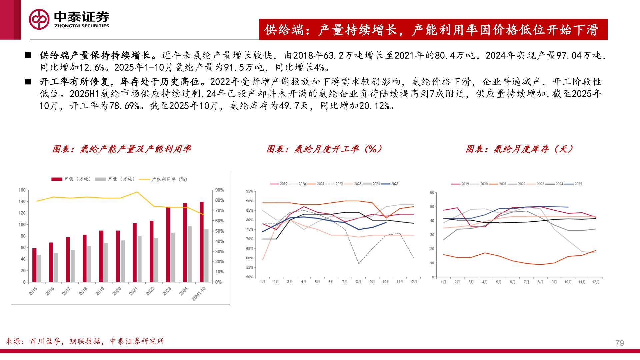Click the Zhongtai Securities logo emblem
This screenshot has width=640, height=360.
(x=39, y=19)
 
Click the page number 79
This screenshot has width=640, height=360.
(x=619, y=343)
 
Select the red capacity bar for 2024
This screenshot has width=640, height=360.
(x=185, y=242)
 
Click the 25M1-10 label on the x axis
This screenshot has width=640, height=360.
(x=199, y=293)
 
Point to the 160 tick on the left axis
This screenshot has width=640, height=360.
(x=22, y=190)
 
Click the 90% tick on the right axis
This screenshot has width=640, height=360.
(x=219, y=190)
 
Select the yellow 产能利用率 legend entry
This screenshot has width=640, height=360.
(x=163, y=179)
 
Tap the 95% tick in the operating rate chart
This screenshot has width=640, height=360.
(x=250, y=191)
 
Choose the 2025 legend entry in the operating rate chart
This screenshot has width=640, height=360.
(x=390, y=184)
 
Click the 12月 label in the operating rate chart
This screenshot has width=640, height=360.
(x=413, y=282)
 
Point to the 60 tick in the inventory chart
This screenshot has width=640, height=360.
(x=432, y=193)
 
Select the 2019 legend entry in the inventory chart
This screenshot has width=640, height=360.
(x=460, y=184)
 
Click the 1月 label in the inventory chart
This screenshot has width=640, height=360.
(x=443, y=282)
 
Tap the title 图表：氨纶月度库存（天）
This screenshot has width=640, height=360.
(x=519, y=149)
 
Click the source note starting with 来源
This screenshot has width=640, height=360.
(x=85, y=341)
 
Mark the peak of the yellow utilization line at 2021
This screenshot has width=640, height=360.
(x=137, y=192)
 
